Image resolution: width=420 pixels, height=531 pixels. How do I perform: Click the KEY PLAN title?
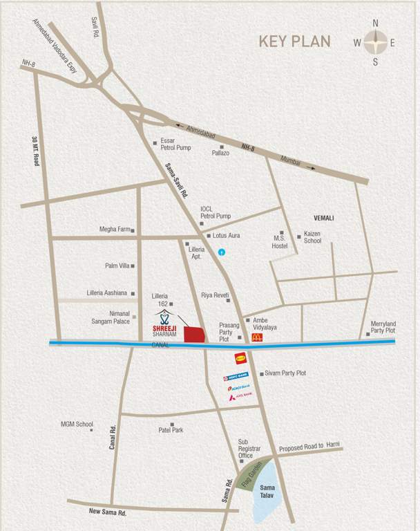coord(294,41)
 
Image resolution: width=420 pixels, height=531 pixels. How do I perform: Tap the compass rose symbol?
coord(375,42)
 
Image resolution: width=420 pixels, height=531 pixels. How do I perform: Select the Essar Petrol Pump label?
coord(176,143)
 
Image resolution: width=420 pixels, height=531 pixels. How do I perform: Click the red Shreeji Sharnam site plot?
coord(194,333)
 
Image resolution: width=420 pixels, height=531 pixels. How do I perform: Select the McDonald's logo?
coord(257,337)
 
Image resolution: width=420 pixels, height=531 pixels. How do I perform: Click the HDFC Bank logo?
coord(236,378)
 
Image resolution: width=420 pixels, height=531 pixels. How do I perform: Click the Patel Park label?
coord(171,430)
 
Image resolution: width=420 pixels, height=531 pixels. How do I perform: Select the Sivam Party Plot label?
coord(285,373)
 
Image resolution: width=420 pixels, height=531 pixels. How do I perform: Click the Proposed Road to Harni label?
coord(310,447)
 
